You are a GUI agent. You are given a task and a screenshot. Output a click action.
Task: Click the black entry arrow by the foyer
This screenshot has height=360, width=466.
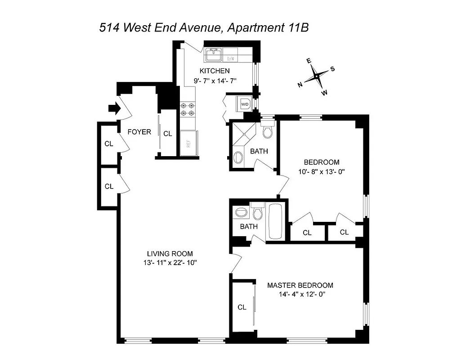(113, 108)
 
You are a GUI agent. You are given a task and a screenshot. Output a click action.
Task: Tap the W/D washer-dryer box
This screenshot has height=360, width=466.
(245, 104)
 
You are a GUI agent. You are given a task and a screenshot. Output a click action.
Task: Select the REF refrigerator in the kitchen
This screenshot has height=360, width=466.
(189, 143)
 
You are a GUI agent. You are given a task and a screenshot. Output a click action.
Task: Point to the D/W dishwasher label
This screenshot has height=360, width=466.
(231, 58)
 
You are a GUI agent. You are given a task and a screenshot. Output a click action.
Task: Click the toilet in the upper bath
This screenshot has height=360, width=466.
(268, 131)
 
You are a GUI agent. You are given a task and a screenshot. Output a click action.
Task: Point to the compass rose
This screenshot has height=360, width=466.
(317, 76)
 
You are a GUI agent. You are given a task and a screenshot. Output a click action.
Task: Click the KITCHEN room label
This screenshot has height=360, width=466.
(215, 71)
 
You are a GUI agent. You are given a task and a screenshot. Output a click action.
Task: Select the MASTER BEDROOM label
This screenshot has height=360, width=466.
(300, 285)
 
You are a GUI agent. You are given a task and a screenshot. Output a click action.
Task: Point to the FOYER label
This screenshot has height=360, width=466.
(139, 132)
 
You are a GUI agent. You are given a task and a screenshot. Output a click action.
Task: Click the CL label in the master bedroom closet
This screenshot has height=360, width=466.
(242, 307)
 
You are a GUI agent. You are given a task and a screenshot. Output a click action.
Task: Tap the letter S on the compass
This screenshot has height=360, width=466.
(332, 69)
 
